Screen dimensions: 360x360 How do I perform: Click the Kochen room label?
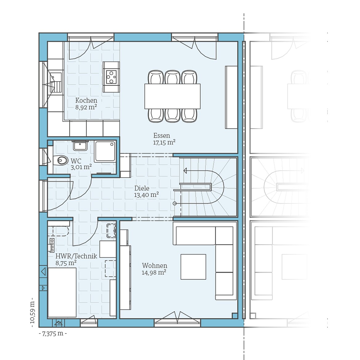click(86, 100)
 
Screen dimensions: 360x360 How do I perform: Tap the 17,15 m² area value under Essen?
click(164, 142)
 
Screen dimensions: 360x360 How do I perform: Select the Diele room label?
click(142, 188)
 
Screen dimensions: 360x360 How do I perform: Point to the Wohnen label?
click(154, 266)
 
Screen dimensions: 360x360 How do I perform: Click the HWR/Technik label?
click(76, 256)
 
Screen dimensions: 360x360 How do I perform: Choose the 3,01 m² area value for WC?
click(81, 167)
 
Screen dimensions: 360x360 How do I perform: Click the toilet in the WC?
click(61, 160)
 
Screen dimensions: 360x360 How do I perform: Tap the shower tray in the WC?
click(105, 151)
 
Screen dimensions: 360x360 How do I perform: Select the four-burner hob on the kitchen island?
click(111, 77)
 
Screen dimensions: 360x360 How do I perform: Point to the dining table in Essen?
click(172, 96)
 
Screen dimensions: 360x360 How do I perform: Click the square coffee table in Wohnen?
click(193, 267)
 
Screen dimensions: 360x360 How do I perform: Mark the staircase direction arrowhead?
click(185, 171)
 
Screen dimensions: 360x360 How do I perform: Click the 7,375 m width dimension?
click(53, 334)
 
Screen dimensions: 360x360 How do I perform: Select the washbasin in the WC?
click(80, 145)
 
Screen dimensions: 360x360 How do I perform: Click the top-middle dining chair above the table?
click(172, 77)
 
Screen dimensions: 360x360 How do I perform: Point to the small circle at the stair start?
click(175, 203)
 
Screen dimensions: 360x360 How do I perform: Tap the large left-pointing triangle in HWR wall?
click(43, 272)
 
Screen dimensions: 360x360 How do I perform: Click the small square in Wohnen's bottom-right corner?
click(234, 315)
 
